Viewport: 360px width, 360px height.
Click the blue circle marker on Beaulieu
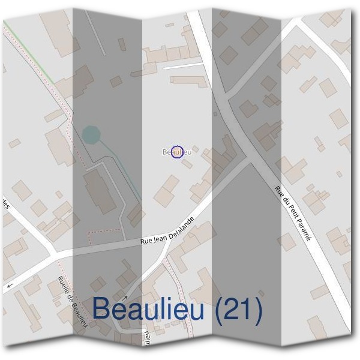click(x=177, y=152)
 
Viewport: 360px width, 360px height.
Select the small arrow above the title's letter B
click(x=125, y=296)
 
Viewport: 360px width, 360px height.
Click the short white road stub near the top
click(x=183, y=65)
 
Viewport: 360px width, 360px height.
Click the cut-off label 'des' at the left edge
click(x=5, y=203)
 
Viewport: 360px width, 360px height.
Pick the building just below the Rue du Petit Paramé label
click(x=287, y=242)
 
